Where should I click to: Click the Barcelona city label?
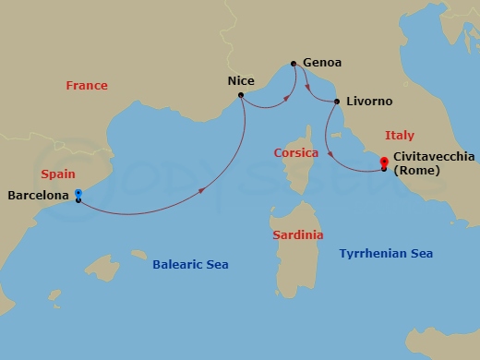[39, 196]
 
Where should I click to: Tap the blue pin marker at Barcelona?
[78, 194]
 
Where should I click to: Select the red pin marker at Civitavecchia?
[383, 163]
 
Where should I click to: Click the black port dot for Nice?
[240, 95]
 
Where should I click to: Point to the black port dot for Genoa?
[294, 64]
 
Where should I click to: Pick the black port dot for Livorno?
[337, 102]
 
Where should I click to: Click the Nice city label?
[240, 81]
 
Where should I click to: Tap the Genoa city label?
[322, 63]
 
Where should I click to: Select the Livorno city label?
[369, 101]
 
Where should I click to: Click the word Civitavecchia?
[433, 158]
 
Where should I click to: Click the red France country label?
[87, 86]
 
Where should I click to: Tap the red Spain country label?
[58, 174]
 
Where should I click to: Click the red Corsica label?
[296, 152]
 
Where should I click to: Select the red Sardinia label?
[298, 235]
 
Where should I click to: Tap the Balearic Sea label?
[190, 265]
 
